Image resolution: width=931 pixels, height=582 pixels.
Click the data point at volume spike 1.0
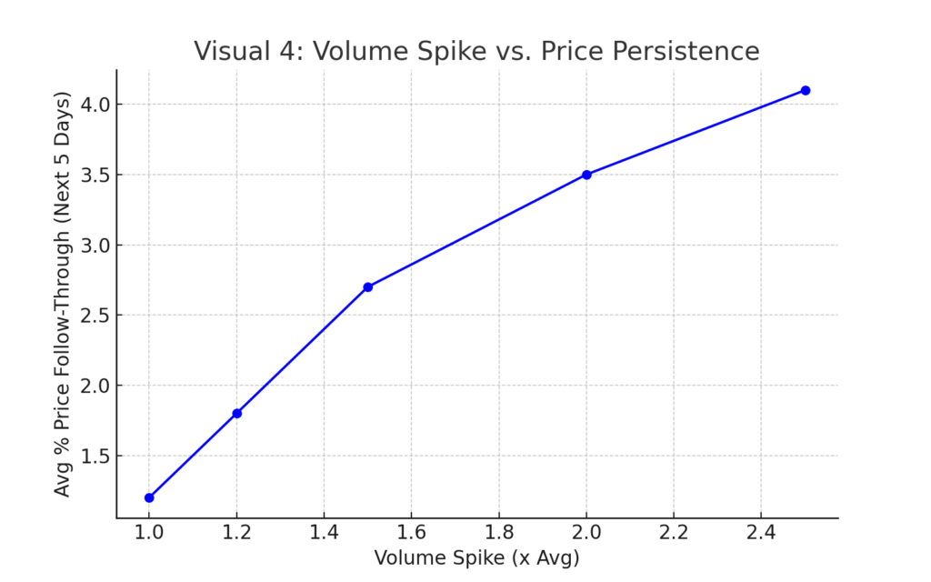tap(149, 497)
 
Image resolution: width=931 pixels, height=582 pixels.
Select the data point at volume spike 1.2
tap(237, 413)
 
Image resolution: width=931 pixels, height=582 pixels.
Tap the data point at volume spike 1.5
tap(368, 286)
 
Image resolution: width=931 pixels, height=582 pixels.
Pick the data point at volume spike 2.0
tap(586, 175)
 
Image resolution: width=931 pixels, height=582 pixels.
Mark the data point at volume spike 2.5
tap(806, 90)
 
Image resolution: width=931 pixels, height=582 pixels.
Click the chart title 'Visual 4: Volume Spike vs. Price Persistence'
tap(476, 52)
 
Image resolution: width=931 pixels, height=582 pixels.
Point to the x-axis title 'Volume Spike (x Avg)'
tap(476, 557)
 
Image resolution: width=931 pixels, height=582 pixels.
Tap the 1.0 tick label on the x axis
tap(149, 532)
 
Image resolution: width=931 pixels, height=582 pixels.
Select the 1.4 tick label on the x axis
tap(325, 532)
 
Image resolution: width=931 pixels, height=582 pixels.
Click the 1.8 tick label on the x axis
tap(499, 532)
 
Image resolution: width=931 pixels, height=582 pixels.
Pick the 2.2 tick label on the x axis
tap(674, 532)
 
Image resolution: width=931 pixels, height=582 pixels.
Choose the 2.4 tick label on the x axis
tap(762, 532)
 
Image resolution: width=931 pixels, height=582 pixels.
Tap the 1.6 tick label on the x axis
tap(412, 532)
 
